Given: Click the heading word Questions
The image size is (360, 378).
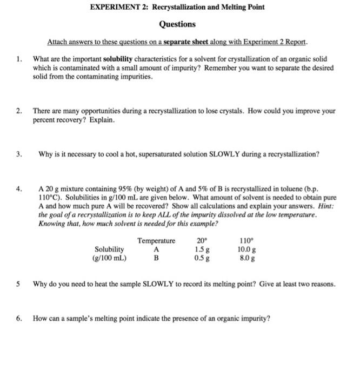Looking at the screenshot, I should pyautogui.click(x=177, y=24).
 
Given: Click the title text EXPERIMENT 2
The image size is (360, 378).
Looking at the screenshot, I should pyautogui.click(x=114, y=9).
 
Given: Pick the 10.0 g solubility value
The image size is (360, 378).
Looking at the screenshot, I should pyautogui.click(x=246, y=249).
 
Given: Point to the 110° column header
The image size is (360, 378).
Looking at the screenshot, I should pyautogui.click(x=246, y=241).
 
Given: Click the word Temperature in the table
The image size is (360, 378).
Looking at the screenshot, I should pyautogui.click(x=156, y=241).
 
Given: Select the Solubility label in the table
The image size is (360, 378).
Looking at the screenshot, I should pyautogui.click(x=109, y=249).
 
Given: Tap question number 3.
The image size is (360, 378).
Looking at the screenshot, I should pyautogui.click(x=19, y=154).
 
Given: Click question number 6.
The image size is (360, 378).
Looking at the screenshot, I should pyautogui.click(x=19, y=318).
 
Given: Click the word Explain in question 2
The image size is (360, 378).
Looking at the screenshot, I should pyautogui.click(x=102, y=119).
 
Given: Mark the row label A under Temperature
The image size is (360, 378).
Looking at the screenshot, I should pyautogui.click(x=156, y=249).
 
